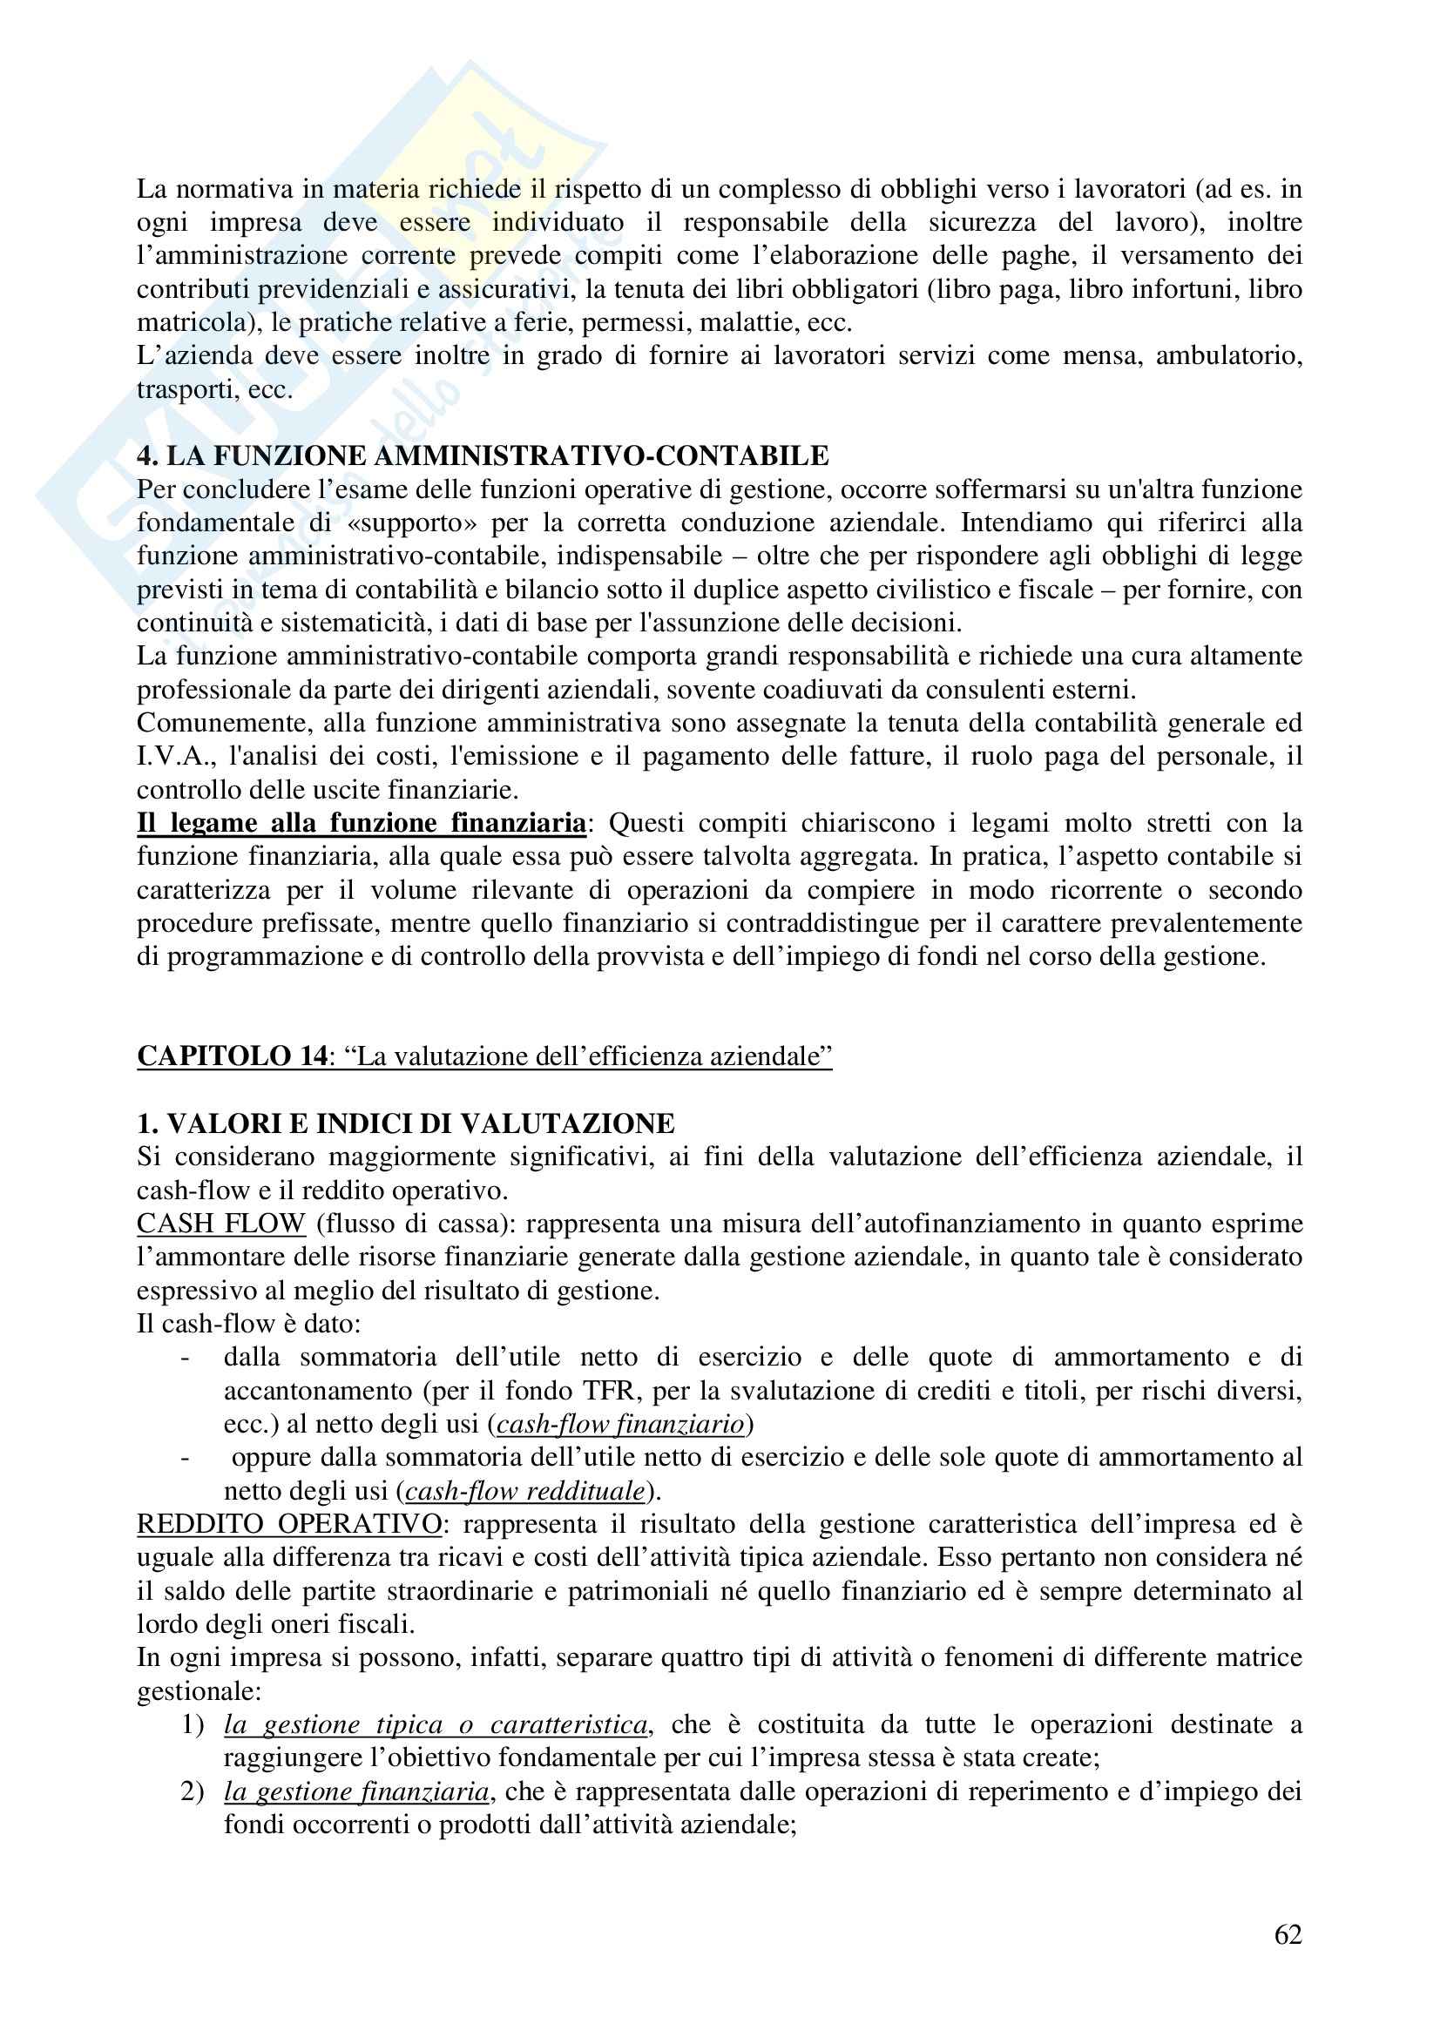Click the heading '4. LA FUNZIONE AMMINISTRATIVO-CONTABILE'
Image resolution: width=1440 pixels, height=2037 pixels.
tap(483, 456)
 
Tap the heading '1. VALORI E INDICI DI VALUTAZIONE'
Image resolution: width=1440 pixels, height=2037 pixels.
tap(405, 1123)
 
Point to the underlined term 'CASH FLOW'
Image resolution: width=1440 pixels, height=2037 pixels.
tap(221, 1224)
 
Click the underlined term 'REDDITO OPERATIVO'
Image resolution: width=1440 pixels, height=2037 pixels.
tap(289, 1524)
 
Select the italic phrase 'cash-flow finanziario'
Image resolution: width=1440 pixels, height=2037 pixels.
tap(620, 1424)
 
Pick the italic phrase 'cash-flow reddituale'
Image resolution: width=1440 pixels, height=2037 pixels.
tap(525, 1490)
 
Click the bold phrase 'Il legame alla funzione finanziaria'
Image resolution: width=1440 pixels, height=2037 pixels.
tap(362, 823)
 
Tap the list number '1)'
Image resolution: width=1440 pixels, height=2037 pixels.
tap(193, 1724)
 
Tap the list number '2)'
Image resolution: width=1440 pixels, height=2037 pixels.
tap(193, 1791)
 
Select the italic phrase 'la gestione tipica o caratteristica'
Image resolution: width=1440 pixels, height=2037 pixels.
tap(436, 1724)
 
